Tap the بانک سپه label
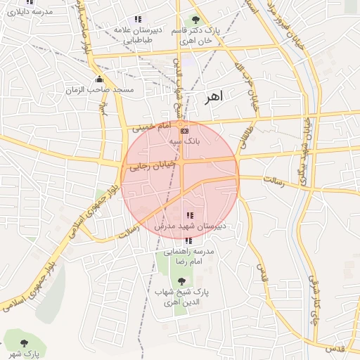(x=184, y=141)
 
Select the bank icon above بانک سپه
(x=184, y=131)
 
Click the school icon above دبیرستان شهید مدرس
(x=188, y=215)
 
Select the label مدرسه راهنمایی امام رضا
(x=187, y=256)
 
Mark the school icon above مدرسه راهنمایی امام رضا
(x=187, y=240)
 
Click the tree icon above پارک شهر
(x=25, y=342)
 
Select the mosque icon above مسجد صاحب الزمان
(x=99, y=79)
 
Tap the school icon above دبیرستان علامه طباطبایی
(x=138, y=20)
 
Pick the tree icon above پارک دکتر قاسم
(x=195, y=20)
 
